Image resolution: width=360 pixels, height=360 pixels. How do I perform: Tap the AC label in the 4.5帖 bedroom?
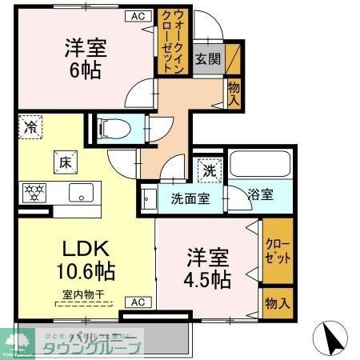[x=137, y=302]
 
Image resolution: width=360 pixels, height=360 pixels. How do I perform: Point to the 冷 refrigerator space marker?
[x=30, y=126]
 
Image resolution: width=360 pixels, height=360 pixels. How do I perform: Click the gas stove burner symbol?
[x=34, y=192]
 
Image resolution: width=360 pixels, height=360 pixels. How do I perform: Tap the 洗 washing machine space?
[x=208, y=170]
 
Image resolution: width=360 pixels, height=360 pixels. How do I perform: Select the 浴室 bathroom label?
[x=259, y=194]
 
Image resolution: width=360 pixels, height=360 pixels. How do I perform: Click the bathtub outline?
[x=260, y=166]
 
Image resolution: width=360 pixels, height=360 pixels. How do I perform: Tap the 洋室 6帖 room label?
[x=83, y=58]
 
